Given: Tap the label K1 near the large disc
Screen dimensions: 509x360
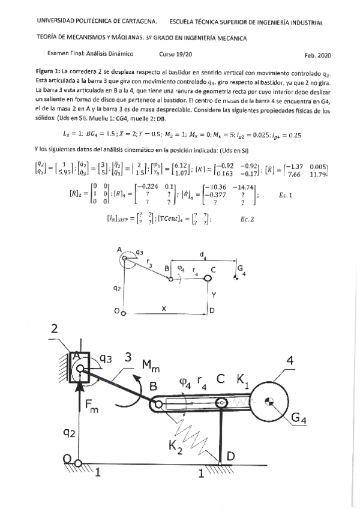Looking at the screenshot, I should (244, 381).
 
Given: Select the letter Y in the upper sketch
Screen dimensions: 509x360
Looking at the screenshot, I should (213, 296).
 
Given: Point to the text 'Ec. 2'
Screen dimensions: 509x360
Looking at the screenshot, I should (248, 219).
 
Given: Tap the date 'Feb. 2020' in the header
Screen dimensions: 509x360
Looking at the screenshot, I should (317, 55).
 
